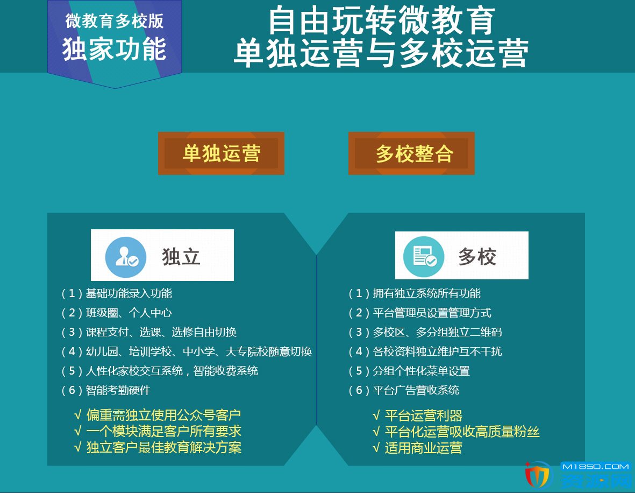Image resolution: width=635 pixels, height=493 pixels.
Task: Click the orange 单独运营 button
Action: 221,153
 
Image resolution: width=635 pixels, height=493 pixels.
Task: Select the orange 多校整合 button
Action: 411,153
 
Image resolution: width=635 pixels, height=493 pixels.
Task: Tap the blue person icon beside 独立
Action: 125,257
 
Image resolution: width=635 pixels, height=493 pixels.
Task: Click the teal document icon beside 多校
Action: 424,257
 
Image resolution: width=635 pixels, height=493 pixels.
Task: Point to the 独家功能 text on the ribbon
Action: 114,49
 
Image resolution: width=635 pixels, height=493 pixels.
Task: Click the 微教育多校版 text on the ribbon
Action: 115,21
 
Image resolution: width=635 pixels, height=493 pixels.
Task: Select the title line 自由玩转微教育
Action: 382,20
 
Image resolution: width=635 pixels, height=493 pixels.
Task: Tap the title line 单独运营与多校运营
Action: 382,53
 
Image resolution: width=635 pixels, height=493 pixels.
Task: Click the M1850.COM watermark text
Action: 596,467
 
